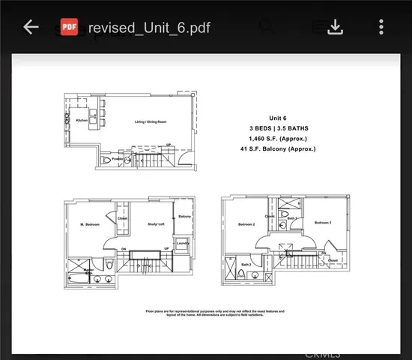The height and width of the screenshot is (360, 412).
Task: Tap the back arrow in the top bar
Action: (31, 27)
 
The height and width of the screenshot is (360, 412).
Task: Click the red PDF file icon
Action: (70, 27)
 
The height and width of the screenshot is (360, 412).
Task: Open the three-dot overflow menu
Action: (381, 27)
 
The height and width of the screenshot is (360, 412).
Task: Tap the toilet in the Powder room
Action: (128, 160)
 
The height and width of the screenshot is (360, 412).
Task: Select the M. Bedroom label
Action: (91, 225)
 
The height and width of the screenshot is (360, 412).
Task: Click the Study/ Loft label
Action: (155, 222)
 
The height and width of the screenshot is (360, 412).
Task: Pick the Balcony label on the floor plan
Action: (184, 217)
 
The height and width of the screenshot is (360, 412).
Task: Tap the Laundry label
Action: (182, 242)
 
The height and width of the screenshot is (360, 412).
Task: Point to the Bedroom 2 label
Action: (247, 224)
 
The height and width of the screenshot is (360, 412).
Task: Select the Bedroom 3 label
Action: (324, 223)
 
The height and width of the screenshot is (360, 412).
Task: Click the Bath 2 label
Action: (246, 264)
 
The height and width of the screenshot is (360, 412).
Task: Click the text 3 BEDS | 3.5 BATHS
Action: (279, 128)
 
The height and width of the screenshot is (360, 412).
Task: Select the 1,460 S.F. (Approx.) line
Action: (279, 139)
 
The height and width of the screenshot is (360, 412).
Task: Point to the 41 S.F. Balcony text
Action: (279, 149)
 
